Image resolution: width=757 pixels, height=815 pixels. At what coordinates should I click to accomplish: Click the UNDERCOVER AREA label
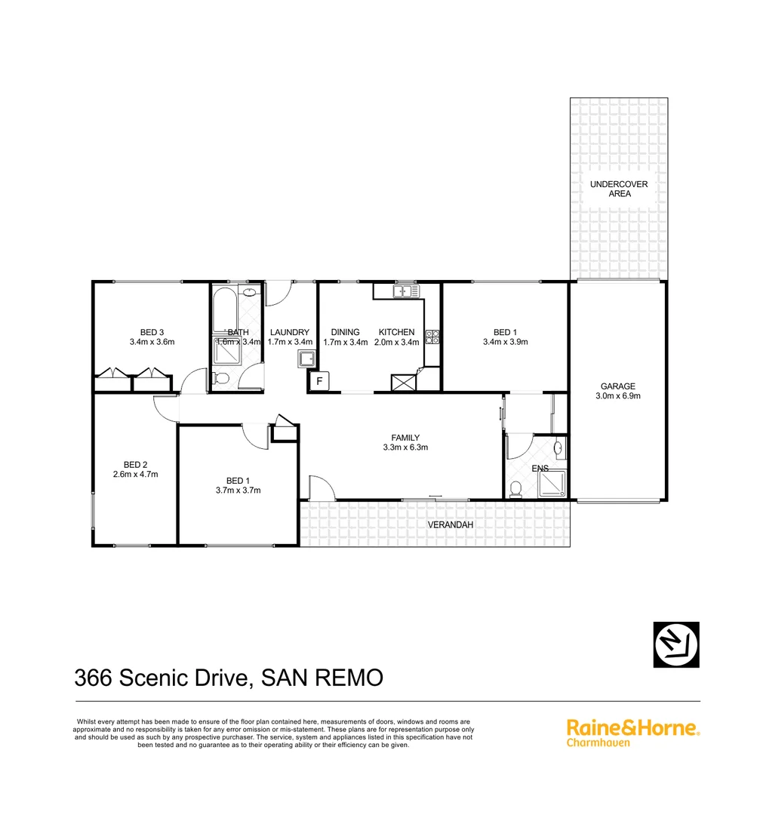pos(618,189)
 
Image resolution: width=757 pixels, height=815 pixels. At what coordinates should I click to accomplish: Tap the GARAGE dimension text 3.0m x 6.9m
pos(618,395)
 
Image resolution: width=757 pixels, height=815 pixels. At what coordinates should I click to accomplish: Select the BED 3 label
pos(152,332)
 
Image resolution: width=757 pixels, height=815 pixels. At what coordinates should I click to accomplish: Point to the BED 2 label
pos(136,465)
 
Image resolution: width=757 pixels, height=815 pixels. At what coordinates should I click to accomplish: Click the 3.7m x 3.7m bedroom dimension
pos(238,491)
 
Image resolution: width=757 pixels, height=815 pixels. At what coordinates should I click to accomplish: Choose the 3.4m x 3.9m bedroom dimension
pos(505,342)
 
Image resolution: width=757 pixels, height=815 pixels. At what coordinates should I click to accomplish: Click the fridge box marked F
pos(318,382)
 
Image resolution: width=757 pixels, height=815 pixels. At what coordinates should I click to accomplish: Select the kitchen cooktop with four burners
pos(432,337)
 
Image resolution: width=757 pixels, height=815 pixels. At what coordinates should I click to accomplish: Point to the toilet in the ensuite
pos(516,489)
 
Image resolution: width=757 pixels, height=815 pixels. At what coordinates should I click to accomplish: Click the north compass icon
pos(675,644)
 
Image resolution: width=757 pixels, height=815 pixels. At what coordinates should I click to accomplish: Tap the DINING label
pos(345,332)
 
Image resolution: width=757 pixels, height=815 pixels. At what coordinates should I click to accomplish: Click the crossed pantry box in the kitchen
pos(404,383)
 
